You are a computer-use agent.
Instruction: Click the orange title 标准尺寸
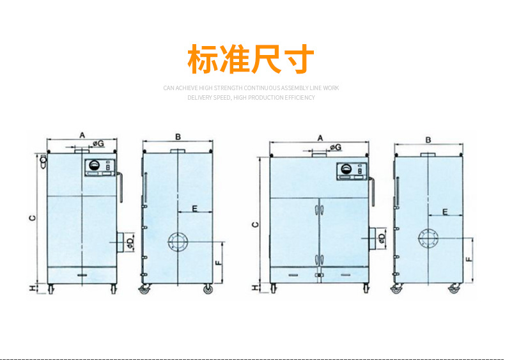tap(251, 59)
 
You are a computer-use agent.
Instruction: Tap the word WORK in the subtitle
tap(330, 88)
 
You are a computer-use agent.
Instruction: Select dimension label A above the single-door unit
tap(82, 135)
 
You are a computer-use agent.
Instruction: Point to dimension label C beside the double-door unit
tap(256, 224)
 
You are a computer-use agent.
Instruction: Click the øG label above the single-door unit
tap(98, 143)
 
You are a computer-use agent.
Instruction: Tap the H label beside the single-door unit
tap(33, 289)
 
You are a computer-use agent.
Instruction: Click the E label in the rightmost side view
tap(445, 212)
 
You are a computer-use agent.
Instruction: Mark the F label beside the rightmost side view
tap(469, 259)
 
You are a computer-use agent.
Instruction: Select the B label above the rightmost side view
tap(428, 140)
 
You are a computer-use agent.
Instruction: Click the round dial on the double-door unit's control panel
tap(346, 169)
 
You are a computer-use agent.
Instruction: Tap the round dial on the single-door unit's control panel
tap(94, 166)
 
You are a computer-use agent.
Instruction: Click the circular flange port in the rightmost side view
tap(428, 239)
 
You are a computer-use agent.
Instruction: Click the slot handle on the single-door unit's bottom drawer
tap(82, 275)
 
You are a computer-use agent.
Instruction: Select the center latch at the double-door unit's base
tap(319, 275)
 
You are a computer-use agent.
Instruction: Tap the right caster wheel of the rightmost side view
tap(454, 288)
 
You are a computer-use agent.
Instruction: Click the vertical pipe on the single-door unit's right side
tap(120, 187)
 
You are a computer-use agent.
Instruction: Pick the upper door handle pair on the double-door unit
tap(319, 210)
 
